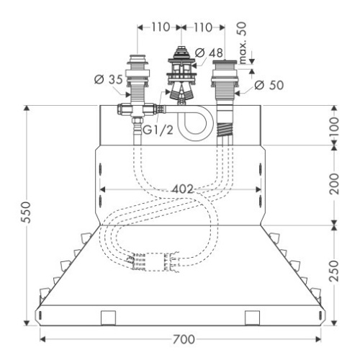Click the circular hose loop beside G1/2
pos(192,123)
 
